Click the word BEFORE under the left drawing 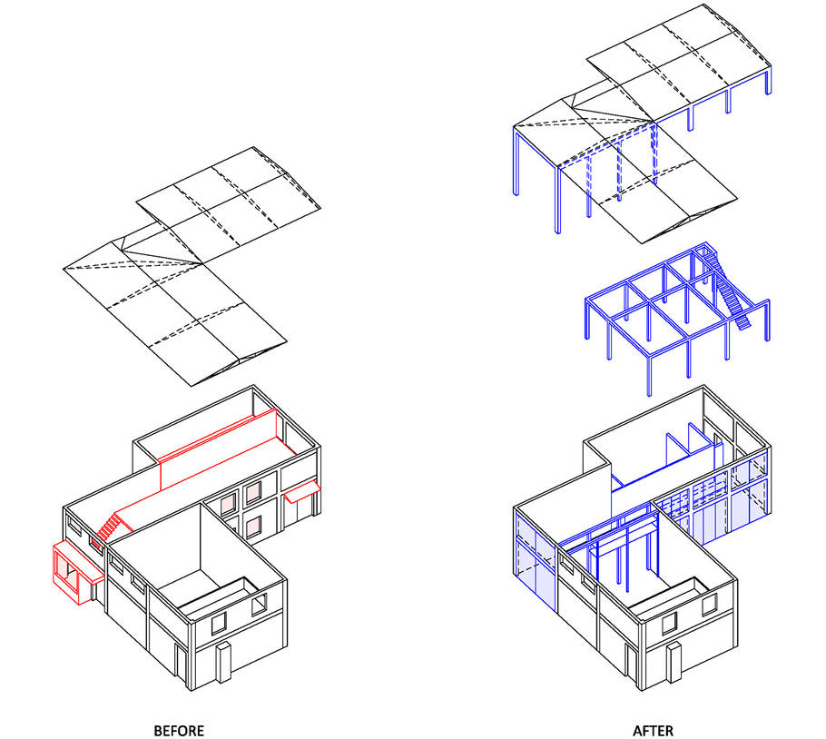179,731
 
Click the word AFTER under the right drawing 653,731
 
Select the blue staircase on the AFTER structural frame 730,290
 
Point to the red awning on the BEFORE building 302,491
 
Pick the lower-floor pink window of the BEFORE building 253,527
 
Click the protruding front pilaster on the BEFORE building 223,663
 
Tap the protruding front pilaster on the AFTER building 674,663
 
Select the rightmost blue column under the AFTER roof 769,80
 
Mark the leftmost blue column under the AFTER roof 516,162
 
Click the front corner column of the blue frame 650,376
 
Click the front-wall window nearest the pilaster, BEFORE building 219,624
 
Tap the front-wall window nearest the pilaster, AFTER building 669,624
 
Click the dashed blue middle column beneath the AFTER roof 619,170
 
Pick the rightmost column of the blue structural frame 768,320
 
